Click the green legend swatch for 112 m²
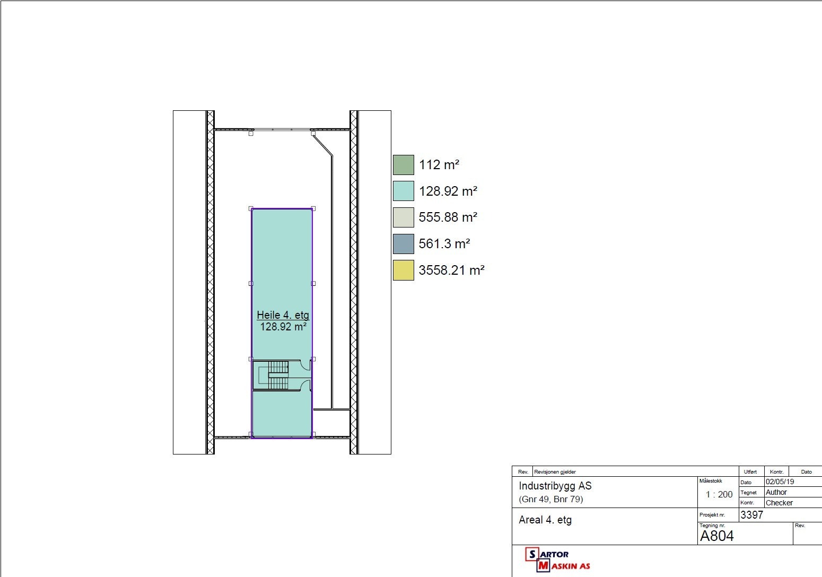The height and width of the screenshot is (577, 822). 403,165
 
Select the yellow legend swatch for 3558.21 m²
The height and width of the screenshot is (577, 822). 403,270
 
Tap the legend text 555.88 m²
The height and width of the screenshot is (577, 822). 448,217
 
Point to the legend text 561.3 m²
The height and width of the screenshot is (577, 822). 444,244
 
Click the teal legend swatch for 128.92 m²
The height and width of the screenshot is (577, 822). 403,191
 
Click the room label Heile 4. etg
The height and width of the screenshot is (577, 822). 283,315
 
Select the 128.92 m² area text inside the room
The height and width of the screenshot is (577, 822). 283,327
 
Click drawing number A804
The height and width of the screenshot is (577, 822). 716,536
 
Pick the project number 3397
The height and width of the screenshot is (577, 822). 751,515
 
